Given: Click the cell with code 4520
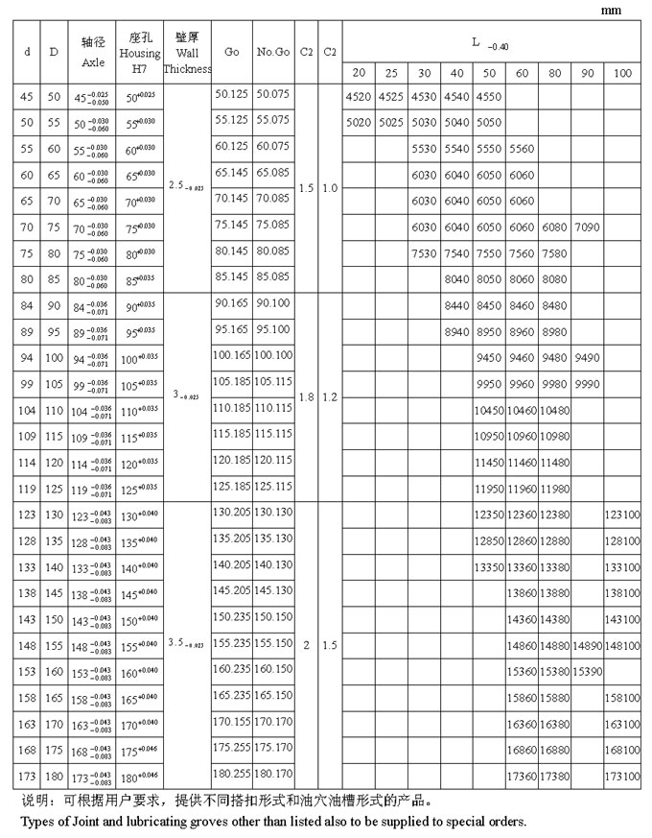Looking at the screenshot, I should coord(358,97).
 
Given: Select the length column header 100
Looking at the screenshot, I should coord(622,73).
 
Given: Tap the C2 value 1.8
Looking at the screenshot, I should coord(307,395).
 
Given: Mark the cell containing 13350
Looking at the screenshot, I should coord(489,567).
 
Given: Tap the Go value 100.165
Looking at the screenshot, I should coord(231,355).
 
